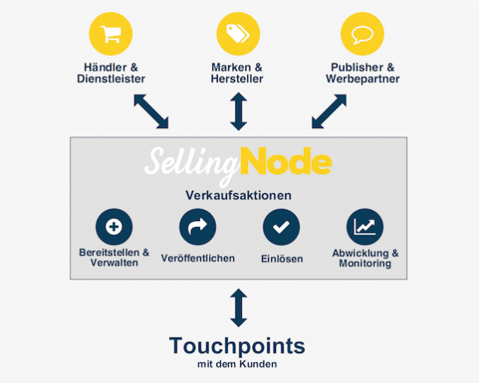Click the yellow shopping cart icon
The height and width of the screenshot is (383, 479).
click(111, 33)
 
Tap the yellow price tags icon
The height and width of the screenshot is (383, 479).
click(238, 33)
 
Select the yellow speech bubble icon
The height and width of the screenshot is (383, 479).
click(362, 33)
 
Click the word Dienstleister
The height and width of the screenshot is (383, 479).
click(111, 79)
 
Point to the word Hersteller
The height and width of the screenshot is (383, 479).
click(237, 79)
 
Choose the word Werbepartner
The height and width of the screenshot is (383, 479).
click(363, 79)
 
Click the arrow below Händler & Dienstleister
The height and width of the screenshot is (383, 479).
click(151, 112)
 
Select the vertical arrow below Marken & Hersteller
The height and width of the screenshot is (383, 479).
click(239, 112)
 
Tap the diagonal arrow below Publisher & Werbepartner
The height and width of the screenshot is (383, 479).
click(329, 112)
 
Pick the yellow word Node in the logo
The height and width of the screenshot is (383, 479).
click(286, 160)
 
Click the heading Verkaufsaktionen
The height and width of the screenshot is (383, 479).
click(239, 195)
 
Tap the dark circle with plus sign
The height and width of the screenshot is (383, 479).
click(114, 227)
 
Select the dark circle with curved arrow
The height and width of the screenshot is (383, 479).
click(198, 227)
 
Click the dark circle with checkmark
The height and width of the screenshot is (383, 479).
click(281, 227)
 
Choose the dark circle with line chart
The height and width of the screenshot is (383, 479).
click(365, 227)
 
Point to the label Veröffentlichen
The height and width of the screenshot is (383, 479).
click(198, 258)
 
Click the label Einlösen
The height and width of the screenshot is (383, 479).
click(282, 259)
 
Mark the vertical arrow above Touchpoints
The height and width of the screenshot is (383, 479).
click(239, 308)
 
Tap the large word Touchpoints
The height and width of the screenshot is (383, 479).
click(237, 346)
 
